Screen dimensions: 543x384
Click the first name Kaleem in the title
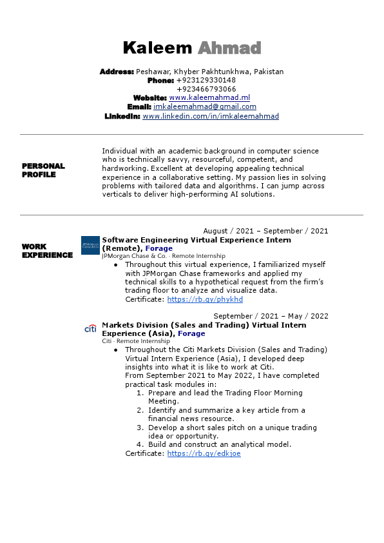tap(157, 48)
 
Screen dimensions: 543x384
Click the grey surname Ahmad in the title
tap(229, 48)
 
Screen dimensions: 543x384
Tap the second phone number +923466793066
tap(206, 89)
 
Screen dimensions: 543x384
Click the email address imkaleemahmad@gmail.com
tap(205, 107)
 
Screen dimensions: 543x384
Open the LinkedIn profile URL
tap(211, 116)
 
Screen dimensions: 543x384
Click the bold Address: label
tap(117, 72)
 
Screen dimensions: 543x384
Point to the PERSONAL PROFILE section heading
tap(43, 170)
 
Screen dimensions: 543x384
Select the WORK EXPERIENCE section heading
tap(47, 251)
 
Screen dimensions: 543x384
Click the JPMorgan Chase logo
tap(90, 246)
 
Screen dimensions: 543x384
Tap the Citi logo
tap(90, 329)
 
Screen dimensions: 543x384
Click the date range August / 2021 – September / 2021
tap(265, 231)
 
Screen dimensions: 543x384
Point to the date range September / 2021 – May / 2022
tap(271, 316)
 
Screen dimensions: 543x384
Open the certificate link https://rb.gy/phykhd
tap(205, 300)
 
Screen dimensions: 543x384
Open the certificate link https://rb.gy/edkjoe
tap(204, 454)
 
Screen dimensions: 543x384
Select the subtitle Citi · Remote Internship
tap(136, 341)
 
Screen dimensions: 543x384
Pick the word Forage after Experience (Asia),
tap(191, 333)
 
